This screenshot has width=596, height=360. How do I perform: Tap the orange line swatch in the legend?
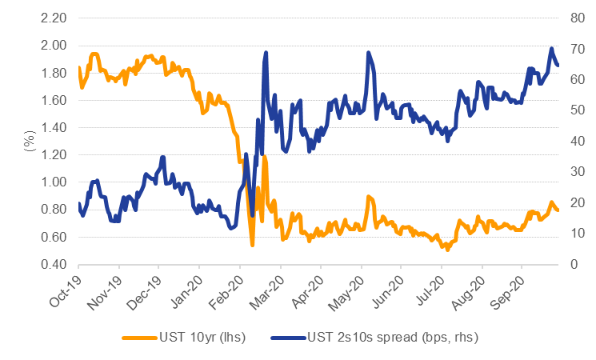[138, 337]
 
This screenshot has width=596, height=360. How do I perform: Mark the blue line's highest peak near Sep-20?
[551, 49]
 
